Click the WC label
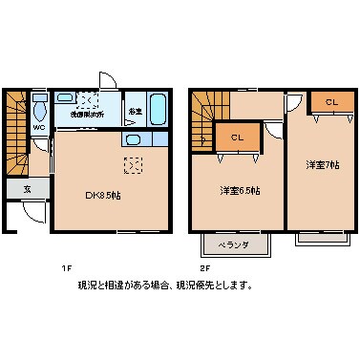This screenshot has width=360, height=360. pos(39,127)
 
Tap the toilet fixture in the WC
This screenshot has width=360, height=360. pos(38,106)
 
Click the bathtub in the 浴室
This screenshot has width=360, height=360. pos(158,110)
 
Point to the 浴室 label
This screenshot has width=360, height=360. pos(136,111)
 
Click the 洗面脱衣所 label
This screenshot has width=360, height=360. pos(86,114)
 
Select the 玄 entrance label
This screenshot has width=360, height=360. pos(26,190)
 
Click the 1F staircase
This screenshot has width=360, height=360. pos(16,133)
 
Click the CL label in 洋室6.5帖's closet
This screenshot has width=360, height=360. pos(237,138)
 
